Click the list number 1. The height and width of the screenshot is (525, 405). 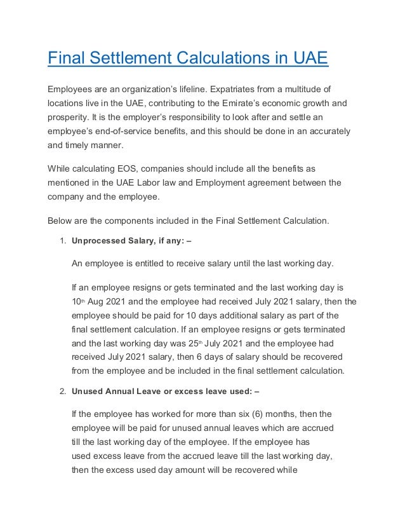coord(62,242)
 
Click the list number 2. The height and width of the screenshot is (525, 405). coord(62,392)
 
